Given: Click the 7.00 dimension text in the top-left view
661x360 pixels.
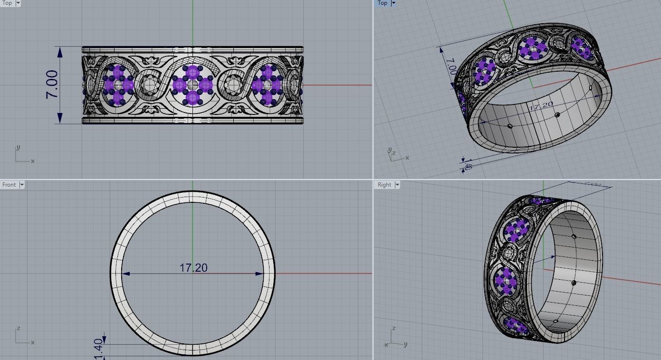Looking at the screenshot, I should tap(52, 85).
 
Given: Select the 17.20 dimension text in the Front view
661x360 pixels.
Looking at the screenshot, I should tap(193, 268).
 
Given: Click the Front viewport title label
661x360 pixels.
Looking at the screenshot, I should tap(9, 185).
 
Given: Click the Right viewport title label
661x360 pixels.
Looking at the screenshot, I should tap(384, 185).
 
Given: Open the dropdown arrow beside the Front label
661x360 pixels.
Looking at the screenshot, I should tap(21, 185).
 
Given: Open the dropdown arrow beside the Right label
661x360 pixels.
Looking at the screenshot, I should tap(397, 185).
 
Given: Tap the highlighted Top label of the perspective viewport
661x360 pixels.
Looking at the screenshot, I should tap(383, 3).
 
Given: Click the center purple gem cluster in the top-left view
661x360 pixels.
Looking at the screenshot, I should tap(192, 85).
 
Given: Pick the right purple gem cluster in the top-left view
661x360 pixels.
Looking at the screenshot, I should tap(267, 85).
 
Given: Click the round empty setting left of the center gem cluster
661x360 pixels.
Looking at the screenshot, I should tap(151, 85).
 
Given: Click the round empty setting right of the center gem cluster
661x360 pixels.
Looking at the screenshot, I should tap(233, 85).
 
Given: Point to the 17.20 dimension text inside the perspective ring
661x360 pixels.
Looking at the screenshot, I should tap(541, 106).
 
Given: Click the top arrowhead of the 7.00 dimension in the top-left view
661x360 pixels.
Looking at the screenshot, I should tap(60, 51).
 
